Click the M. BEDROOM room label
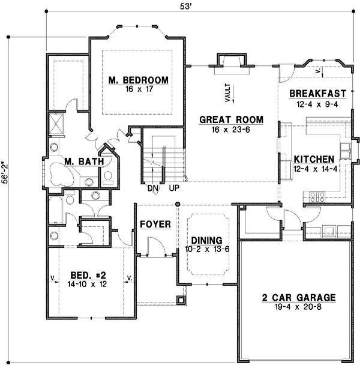pos(138,80)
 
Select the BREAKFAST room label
pos(318,94)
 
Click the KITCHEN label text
pos(314,160)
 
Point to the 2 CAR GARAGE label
pos(298,298)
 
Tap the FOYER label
pos(155,225)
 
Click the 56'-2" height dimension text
pos(7,175)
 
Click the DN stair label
pos(152,188)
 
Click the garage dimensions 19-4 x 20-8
pos(298,308)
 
